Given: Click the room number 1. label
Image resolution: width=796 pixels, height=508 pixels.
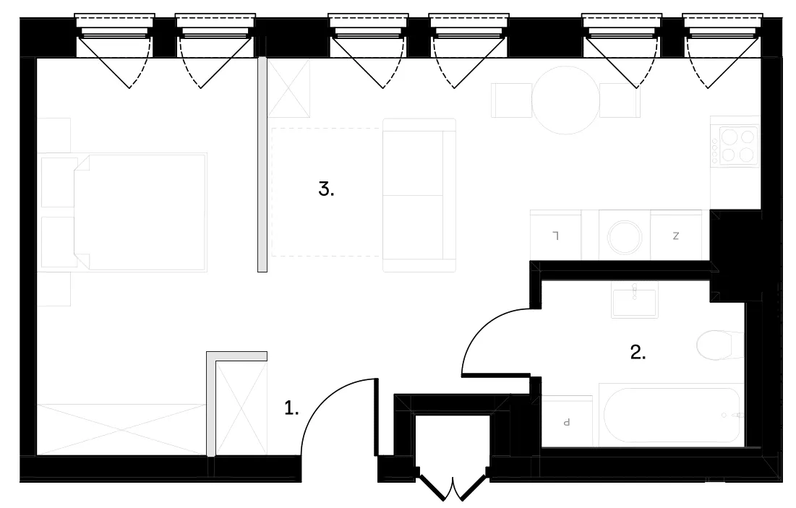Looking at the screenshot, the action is pos(291,408).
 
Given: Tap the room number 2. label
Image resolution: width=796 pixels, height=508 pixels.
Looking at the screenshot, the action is pos(638,352).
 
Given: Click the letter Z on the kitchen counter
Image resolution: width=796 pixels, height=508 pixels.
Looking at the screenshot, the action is pos(676,236).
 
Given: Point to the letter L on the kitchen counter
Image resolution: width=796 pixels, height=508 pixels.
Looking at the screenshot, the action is pos(556,236).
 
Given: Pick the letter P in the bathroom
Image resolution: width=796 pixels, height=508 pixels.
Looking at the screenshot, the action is pos(567,422).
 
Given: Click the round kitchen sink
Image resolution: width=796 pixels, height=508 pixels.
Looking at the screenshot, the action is pos(625,237).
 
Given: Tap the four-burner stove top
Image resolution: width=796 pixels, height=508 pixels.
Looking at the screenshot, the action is pos(738,146).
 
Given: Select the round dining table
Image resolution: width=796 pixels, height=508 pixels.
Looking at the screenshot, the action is pos(565,100).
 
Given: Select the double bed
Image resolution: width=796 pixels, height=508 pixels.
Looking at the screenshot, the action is pos(140,212).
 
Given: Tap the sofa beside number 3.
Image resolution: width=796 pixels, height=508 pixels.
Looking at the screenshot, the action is pos(419,195).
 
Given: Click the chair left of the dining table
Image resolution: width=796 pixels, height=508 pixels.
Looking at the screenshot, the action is pos(511,100).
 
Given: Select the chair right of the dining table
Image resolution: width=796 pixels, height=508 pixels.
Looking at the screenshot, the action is pos(620,100).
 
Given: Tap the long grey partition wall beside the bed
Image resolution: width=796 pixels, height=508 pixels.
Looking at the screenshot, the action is pos(262,165).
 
